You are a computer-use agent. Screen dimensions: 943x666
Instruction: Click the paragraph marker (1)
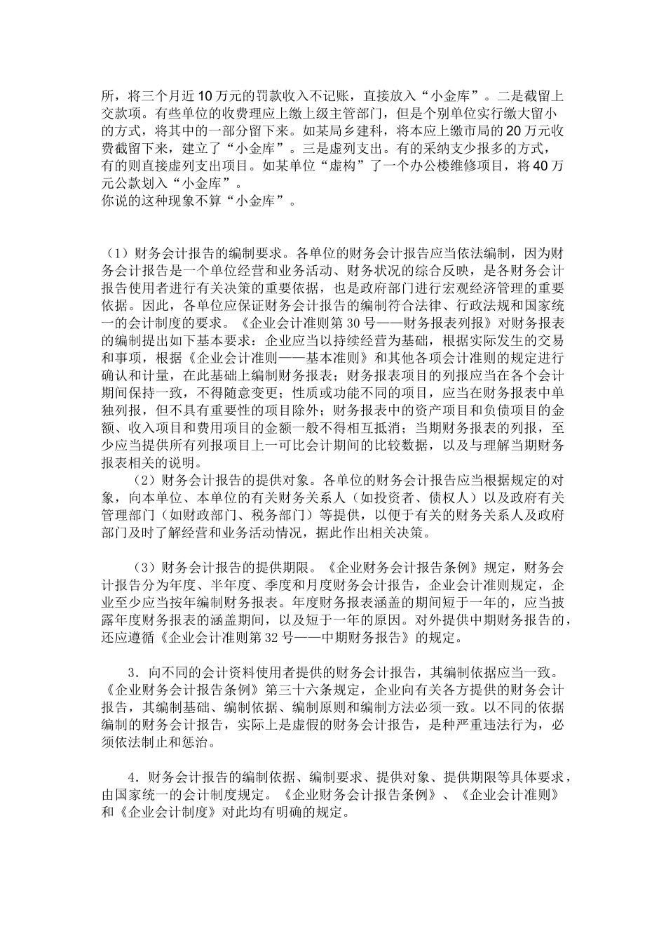pos(116,253)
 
